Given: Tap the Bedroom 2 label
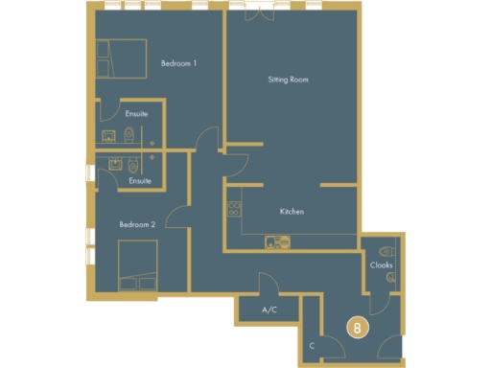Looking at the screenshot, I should (137, 224).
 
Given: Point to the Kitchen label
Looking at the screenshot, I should (292, 211).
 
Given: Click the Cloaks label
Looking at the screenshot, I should (381, 264).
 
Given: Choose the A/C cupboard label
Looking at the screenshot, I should (270, 310).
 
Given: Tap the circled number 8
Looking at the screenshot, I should (357, 328).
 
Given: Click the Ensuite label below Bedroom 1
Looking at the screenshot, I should (137, 115).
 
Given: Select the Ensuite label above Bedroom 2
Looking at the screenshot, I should (141, 180).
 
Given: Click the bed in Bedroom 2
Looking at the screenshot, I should (136, 264).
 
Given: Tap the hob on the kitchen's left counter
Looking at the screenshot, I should (232, 205).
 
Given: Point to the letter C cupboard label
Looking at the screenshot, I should (313, 345).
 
